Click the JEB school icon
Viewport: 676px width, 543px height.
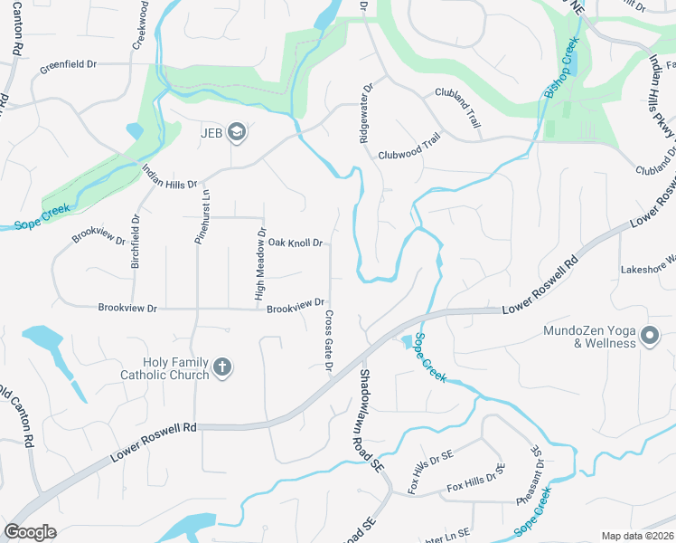click(237, 134)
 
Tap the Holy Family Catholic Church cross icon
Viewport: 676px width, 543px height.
click(222, 368)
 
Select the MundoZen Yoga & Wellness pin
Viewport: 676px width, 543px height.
click(650, 338)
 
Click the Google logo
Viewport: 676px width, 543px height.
click(30, 532)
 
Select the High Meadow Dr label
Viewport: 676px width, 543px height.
click(260, 265)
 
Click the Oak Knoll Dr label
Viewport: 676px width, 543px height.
click(296, 243)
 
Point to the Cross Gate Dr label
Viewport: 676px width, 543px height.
click(328, 340)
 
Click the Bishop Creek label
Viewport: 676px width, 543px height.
click(561, 69)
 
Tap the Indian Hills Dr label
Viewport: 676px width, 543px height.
click(167, 184)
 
